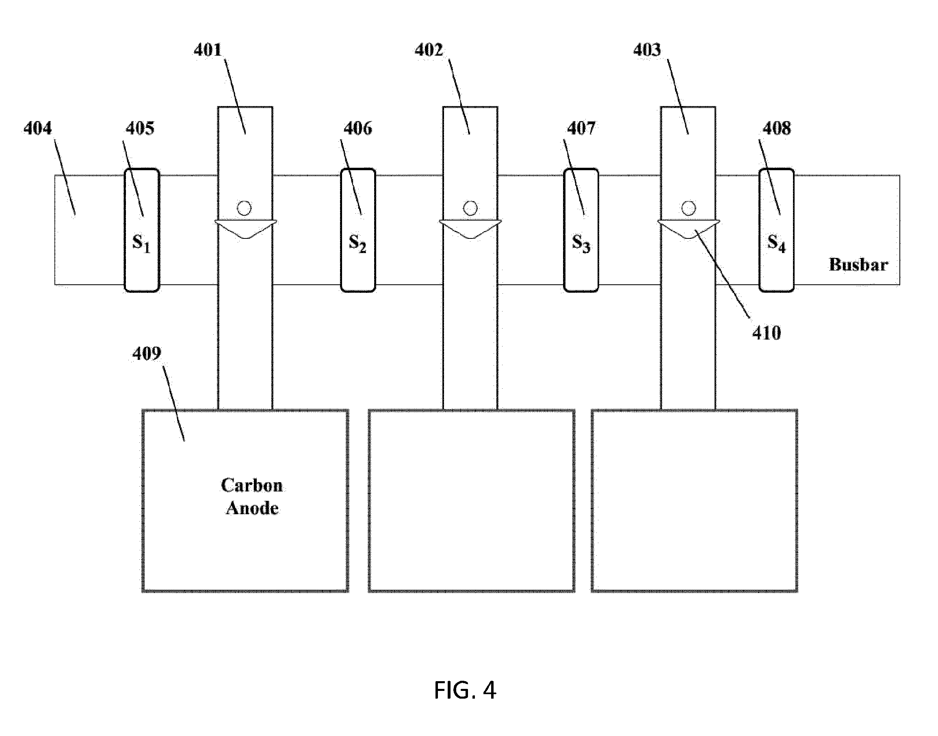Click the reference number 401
[x=208, y=50]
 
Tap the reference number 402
[x=429, y=50]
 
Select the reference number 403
[x=647, y=50]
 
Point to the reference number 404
[x=37, y=128]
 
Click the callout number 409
[x=147, y=354]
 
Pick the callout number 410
[x=767, y=333]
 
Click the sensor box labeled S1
[x=142, y=230]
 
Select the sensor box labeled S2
[x=358, y=230]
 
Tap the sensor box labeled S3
[x=581, y=230]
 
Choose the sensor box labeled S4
[x=776, y=230]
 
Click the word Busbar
[x=858, y=264]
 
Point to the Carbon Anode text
[x=252, y=496]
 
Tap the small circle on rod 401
[x=244, y=208]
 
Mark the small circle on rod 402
[x=470, y=208]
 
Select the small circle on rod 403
[x=689, y=208]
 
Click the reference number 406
[x=357, y=128]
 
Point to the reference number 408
[x=777, y=128]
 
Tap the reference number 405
[x=140, y=128]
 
